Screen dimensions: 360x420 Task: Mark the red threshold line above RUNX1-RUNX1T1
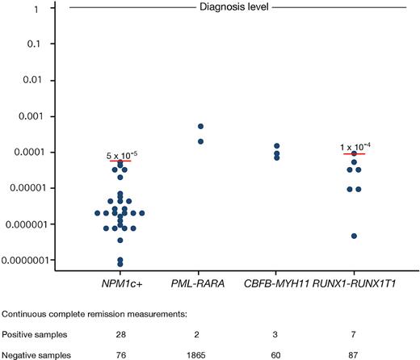(x=354, y=153)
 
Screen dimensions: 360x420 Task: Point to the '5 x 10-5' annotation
(x=120, y=153)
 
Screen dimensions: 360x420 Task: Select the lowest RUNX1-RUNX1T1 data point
(x=354, y=236)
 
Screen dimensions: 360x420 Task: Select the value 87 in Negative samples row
(x=354, y=353)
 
